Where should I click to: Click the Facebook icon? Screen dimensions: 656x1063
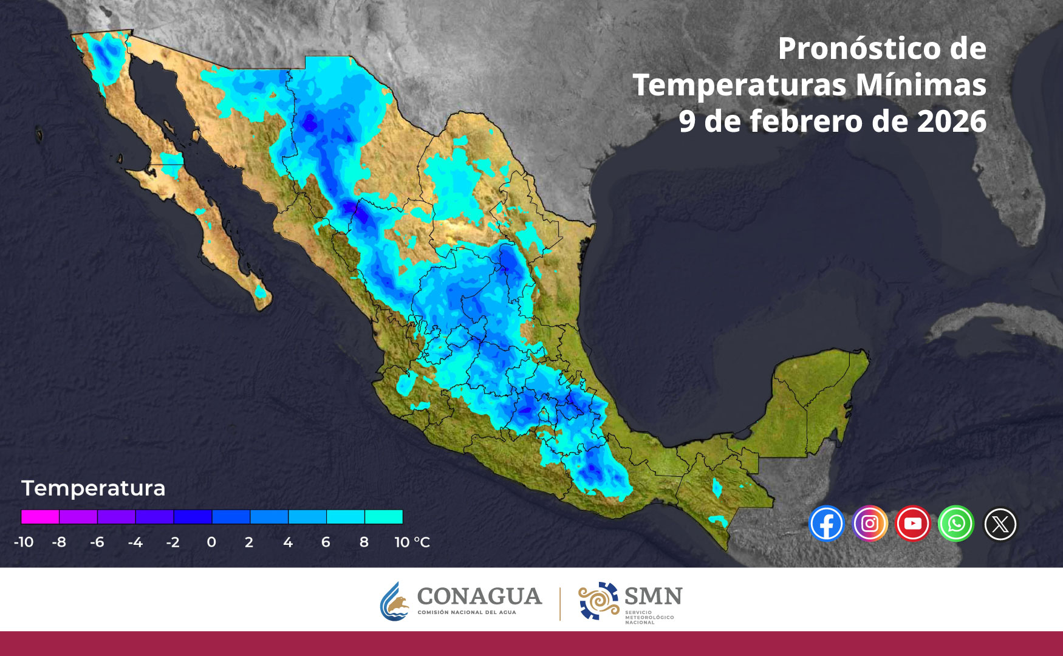pos(827,524)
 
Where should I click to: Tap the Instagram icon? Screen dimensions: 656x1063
pos(870,524)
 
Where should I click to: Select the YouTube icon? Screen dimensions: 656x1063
pos(912,524)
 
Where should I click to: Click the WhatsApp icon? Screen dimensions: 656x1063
pos(956,524)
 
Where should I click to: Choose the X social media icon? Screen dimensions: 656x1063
pos(1000,524)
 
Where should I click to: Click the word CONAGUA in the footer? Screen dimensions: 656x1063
pos(479,596)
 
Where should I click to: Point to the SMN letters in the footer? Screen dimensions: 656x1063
pos(653,596)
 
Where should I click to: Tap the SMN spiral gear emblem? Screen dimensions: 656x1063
pos(598,601)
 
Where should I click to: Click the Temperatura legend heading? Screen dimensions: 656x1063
pos(94,488)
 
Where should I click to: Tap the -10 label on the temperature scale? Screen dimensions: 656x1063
pos(24,542)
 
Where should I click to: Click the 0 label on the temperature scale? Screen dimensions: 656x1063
pos(211,542)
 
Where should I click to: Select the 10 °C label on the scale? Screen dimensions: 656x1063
pos(412,542)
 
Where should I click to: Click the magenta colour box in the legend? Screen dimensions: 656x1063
pos(40,517)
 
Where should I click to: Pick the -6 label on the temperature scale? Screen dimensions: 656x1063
pos(97,542)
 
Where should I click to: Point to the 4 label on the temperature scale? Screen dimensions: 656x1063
pos(288,542)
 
